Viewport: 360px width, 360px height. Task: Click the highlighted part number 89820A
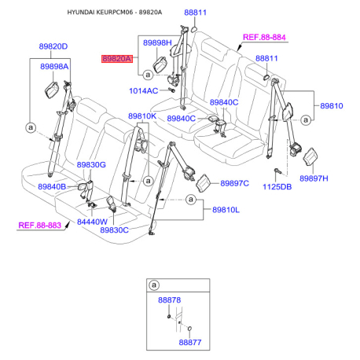click(x=117, y=59)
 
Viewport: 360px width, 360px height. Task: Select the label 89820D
click(x=53, y=46)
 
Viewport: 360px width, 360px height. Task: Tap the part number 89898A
click(x=54, y=67)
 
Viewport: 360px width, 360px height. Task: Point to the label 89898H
click(x=157, y=42)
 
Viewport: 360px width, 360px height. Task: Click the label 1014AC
click(x=144, y=91)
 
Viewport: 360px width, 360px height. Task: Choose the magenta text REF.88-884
click(x=264, y=37)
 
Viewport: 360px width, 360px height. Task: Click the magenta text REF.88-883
click(x=39, y=226)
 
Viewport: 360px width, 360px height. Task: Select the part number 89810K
click(x=142, y=116)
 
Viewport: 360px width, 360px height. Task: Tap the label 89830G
click(x=91, y=165)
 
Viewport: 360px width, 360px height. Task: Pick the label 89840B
click(x=52, y=186)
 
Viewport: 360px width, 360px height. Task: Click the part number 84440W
click(x=92, y=222)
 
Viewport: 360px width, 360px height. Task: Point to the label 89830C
click(x=114, y=230)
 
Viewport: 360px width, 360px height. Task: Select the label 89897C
click(x=234, y=183)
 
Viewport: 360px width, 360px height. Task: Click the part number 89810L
click(x=226, y=210)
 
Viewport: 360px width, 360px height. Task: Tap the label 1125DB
click(x=277, y=187)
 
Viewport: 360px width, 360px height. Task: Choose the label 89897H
click(x=314, y=178)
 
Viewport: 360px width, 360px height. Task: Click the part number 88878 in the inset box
click(x=169, y=300)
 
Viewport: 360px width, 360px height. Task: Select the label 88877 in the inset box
click(x=190, y=343)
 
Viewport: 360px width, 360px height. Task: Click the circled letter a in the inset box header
click(x=154, y=285)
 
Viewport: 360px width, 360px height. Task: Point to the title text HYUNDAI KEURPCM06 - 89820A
click(x=115, y=13)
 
